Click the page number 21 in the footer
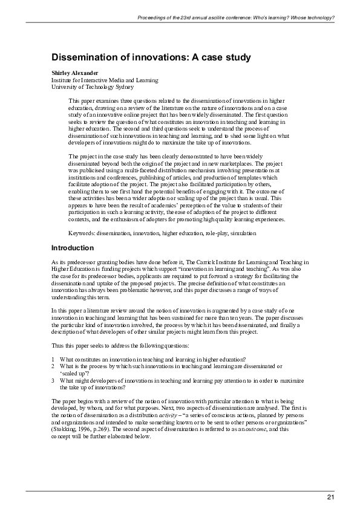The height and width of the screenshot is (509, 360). tap(330, 498)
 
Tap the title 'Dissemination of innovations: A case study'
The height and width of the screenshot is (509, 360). tap(151, 57)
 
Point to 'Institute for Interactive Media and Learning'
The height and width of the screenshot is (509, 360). tap(105, 80)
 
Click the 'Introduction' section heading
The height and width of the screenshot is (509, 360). tap(73, 248)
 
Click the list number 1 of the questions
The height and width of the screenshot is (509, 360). tap(53, 359)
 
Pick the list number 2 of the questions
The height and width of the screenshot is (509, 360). tap(53, 366)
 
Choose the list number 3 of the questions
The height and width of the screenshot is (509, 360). tap(53, 380)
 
